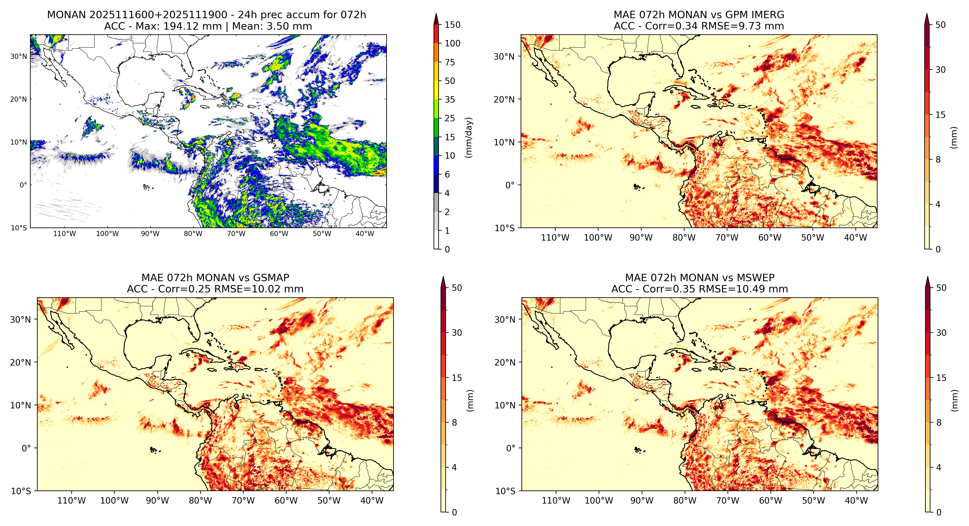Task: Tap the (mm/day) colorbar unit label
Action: click(x=469, y=137)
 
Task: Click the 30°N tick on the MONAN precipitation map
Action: click(x=19, y=56)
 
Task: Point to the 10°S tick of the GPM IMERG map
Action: click(x=505, y=228)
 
